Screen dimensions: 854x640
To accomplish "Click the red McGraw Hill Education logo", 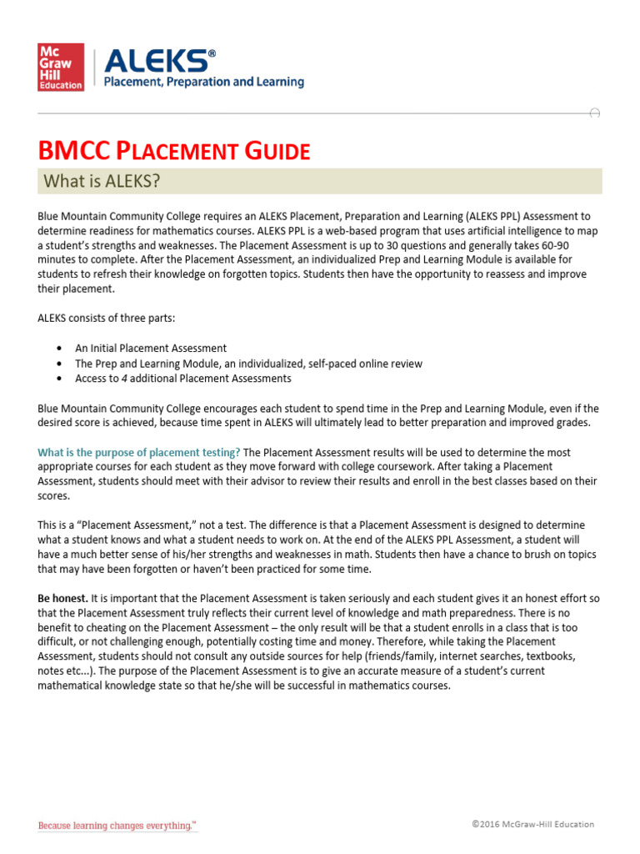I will pyautogui.click(x=61, y=68).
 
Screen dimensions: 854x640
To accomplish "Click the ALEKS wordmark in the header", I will pyautogui.click(x=158, y=59).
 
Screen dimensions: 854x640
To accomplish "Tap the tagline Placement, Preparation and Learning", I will pyautogui.click(x=202, y=83).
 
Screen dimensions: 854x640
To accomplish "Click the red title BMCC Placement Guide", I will pyautogui.click(x=174, y=152).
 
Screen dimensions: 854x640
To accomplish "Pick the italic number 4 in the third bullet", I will pyautogui.click(x=121, y=378).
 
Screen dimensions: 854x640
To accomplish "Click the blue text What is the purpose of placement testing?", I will pyautogui.click(x=140, y=452).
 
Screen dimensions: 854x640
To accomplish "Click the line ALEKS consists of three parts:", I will pyautogui.click(x=105, y=318).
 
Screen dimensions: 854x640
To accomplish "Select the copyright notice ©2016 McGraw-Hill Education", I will pyautogui.click(x=532, y=824).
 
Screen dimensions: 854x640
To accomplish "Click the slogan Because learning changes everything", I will pyautogui.click(x=117, y=826).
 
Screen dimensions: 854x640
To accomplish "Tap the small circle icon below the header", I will pyautogui.click(x=594, y=113).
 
